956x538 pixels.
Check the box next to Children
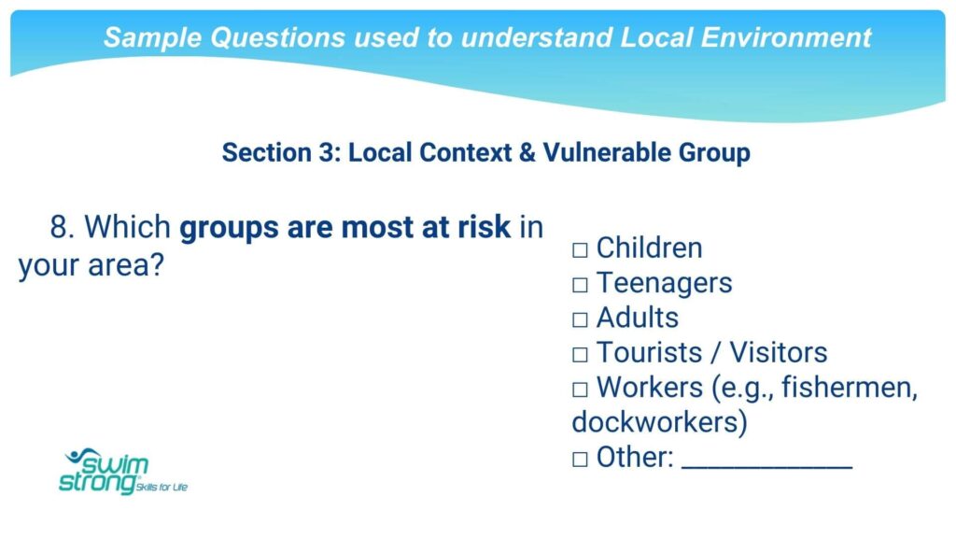(580, 249)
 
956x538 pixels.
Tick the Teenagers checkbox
(580, 284)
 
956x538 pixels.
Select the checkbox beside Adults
(580, 319)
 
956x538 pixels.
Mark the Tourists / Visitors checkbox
(580, 354)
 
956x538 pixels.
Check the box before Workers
(580, 389)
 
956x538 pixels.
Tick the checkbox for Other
(580, 459)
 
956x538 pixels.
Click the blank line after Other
(767, 468)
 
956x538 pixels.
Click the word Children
(650, 248)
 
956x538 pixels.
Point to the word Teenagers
(664, 283)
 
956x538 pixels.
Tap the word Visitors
(779, 352)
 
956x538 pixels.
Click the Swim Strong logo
(123, 471)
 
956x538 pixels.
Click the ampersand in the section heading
(527, 152)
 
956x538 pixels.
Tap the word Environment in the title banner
(786, 37)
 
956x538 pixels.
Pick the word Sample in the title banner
(153, 37)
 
